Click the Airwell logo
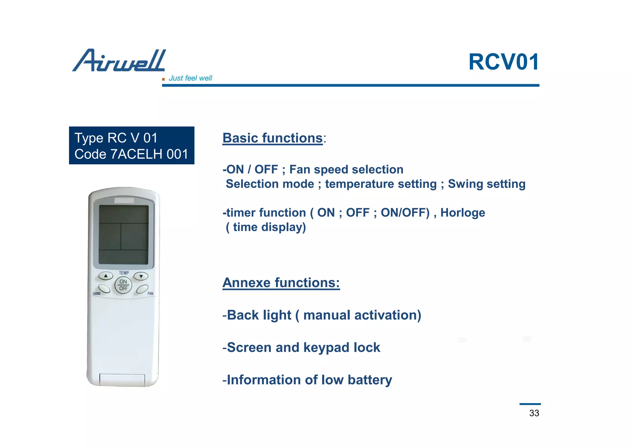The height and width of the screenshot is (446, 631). pos(119,61)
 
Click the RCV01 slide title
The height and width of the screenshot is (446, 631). pos(503,62)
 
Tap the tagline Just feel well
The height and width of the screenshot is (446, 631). pos(190,78)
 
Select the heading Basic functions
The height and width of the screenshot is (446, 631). pos(272,138)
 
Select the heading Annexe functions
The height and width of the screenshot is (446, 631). pos(281,282)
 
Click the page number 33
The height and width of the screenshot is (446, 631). pos(534,413)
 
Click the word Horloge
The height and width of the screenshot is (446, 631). pos(462,213)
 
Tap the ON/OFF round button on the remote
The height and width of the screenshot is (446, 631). pos(123,285)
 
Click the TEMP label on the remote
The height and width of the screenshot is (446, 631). pos(124,273)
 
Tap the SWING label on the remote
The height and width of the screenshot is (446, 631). pos(96,293)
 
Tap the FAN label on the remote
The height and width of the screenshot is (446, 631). pos(150,293)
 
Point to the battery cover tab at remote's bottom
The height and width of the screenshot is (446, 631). pos(122,380)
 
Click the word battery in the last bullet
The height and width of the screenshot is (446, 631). pos(370,380)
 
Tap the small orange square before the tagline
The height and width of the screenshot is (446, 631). pos(163,79)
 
